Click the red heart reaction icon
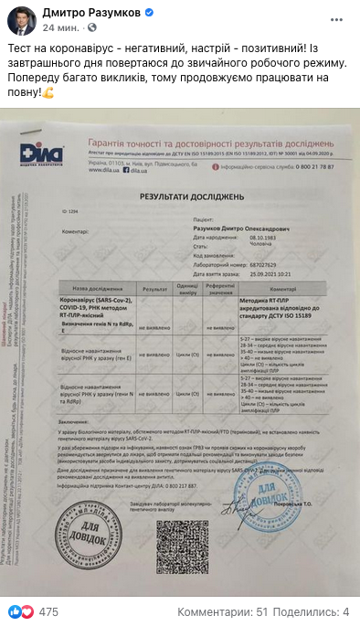[x=27, y=610]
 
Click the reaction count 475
[x=48, y=610]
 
